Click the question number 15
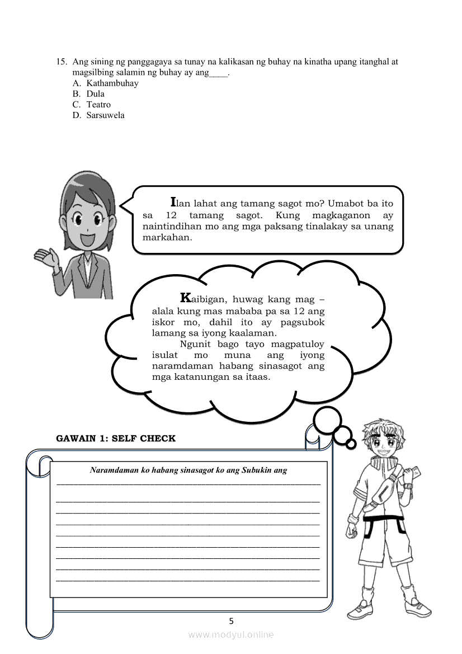(x=62, y=62)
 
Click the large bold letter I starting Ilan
(x=173, y=201)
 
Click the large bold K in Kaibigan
(x=186, y=297)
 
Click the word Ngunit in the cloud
(x=196, y=344)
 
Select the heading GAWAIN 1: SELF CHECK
(x=116, y=439)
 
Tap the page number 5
(x=231, y=621)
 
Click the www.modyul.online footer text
(x=231, y=634)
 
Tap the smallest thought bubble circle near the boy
(x=351, y=444)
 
